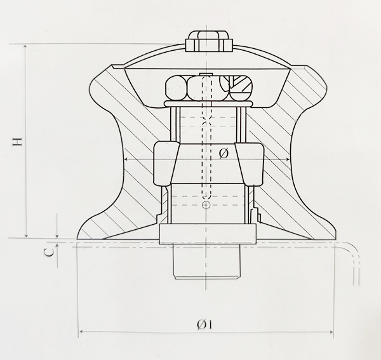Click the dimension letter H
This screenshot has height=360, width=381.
[18, 140]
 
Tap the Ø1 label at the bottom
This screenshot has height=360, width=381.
[204, 324]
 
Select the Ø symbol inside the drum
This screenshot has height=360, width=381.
[223, 154]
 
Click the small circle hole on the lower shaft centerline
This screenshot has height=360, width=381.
[205, 206]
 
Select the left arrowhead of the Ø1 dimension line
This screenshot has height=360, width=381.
[81, 332]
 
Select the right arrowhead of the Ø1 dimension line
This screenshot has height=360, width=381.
[331, 332]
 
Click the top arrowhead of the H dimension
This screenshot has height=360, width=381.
[25, 47]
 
